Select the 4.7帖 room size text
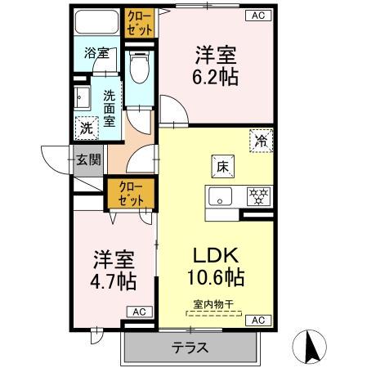pos(113,280)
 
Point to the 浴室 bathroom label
pos(97,54)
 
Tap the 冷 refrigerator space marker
pos(260,141)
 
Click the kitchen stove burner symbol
pos(259,197)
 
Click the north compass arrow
pos(311,347)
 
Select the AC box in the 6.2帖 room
pos(257,16)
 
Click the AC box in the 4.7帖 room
pos(138,312)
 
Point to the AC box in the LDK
pos(257,319)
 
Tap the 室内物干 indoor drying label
pos(213,304)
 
